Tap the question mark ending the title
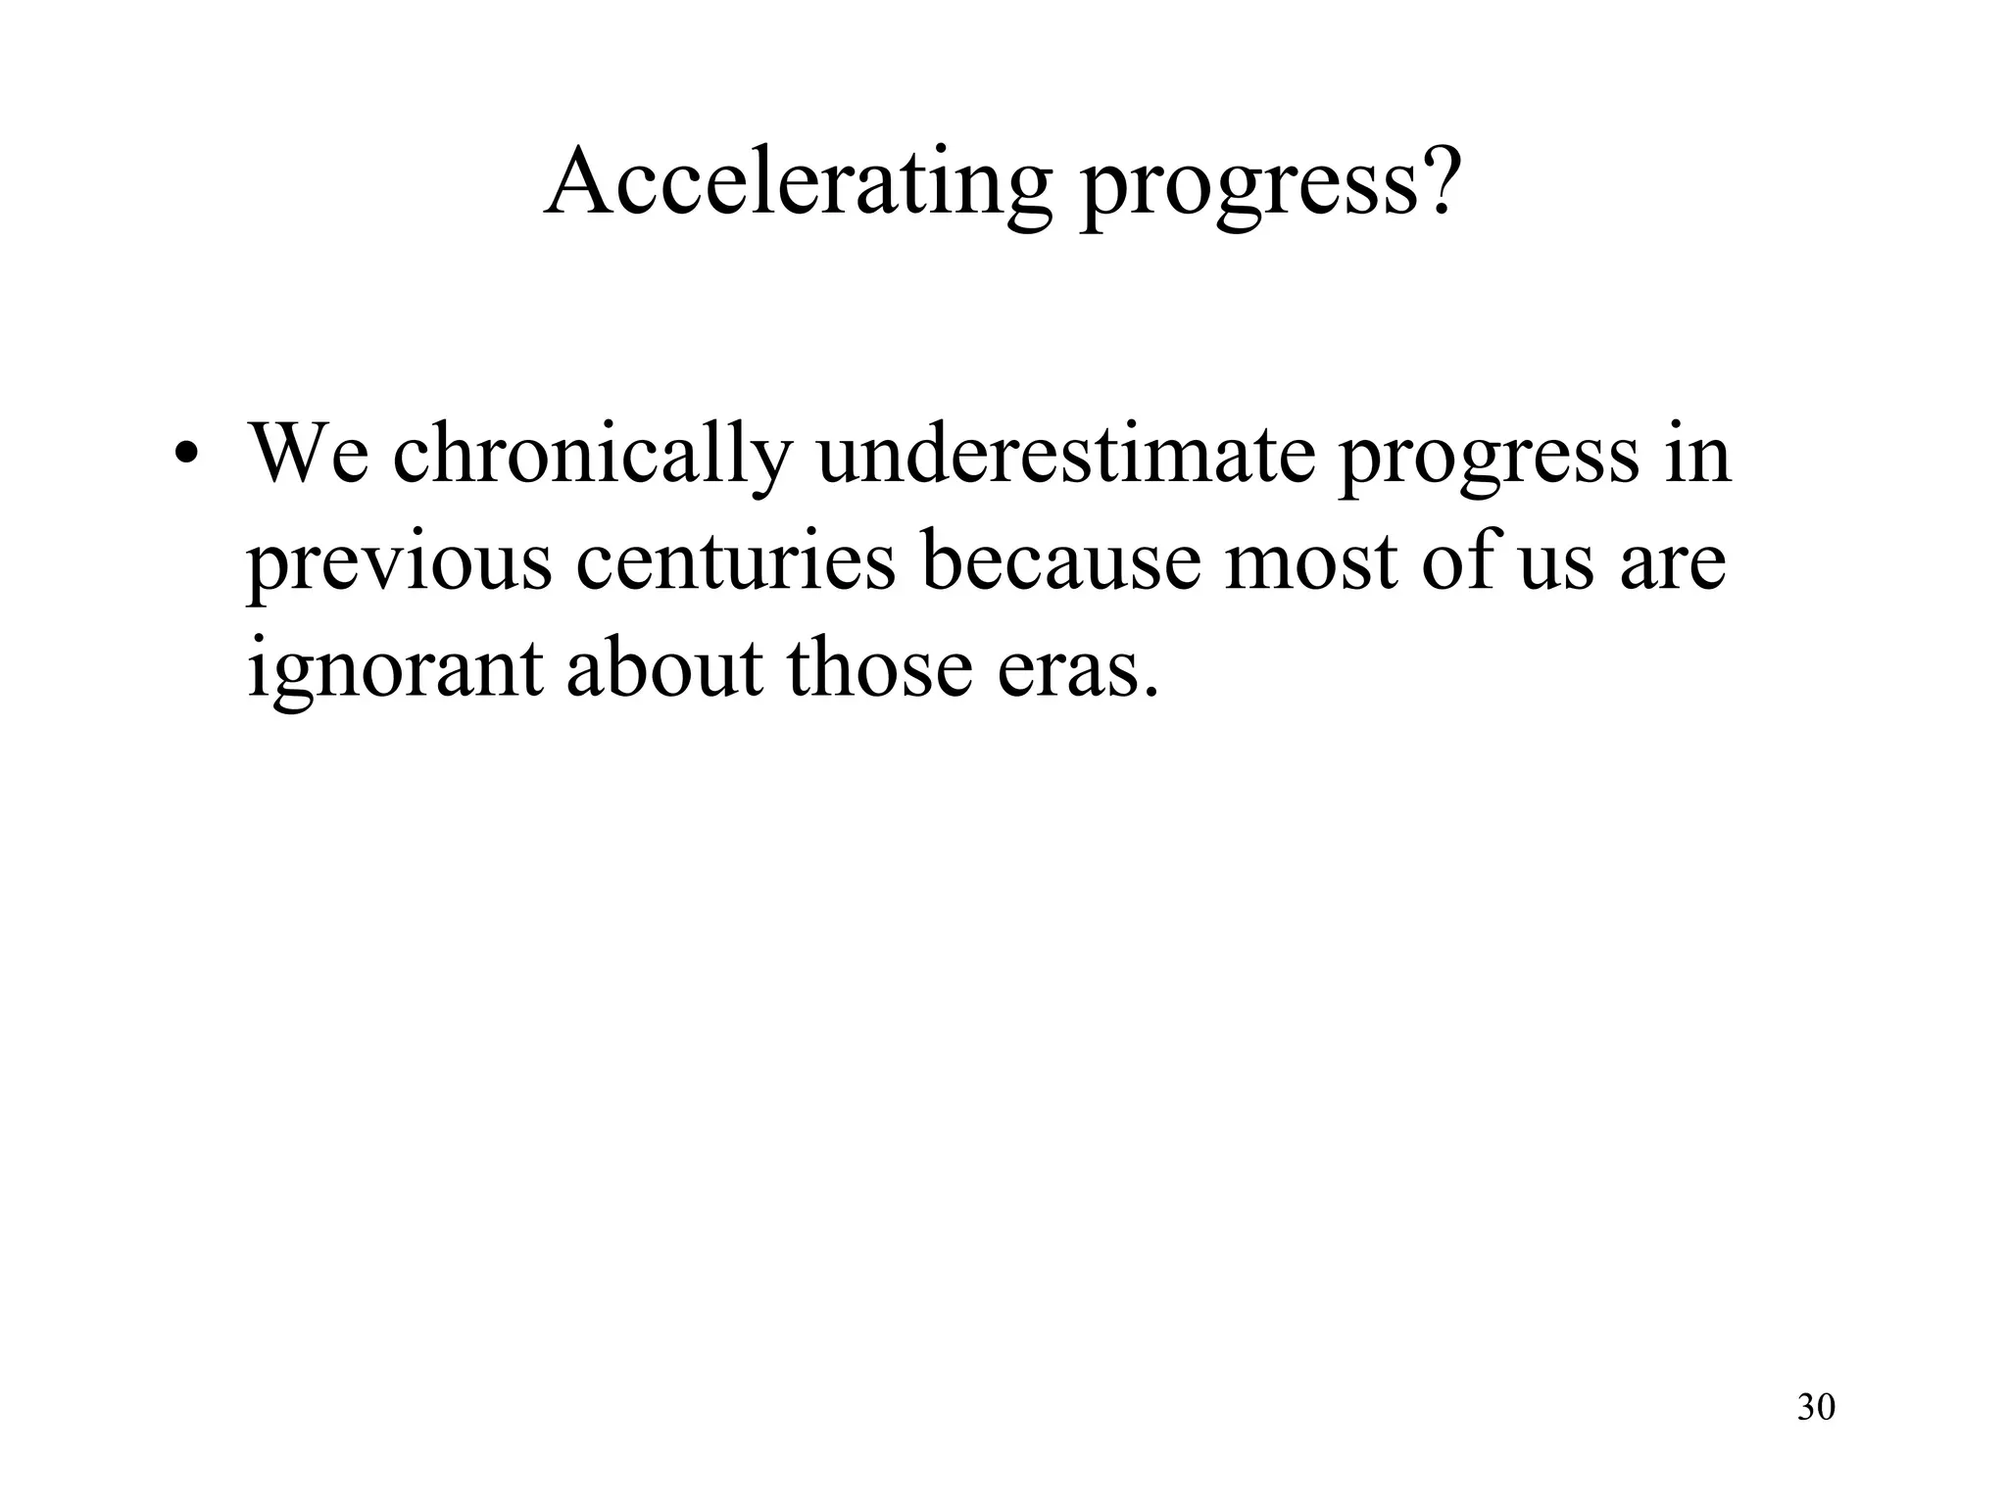[x=1440, y=181]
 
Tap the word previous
[x=399, y=564]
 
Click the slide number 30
[x=1816, y=1407]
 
